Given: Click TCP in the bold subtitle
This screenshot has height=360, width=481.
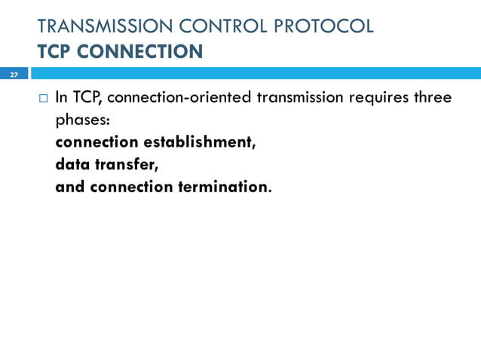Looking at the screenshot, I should [54, 52].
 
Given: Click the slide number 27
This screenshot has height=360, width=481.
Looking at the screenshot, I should [13, 75].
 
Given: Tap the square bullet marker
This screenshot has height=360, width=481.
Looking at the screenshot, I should [42, 99].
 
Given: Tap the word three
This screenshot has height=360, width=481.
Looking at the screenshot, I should [434, 98].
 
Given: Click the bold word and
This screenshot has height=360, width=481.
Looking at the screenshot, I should [70, 186].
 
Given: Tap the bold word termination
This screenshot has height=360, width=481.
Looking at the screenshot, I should [223, 186].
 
